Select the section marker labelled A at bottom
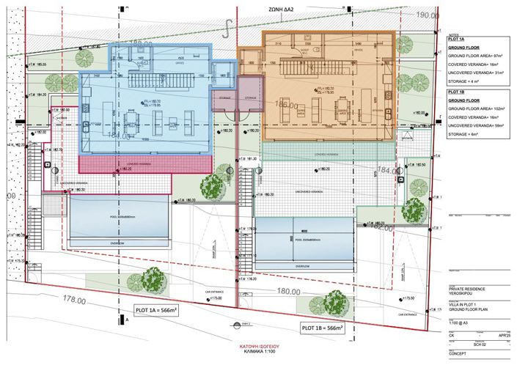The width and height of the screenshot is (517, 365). [128, 321]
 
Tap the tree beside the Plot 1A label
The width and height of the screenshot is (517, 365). [153, 279]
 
